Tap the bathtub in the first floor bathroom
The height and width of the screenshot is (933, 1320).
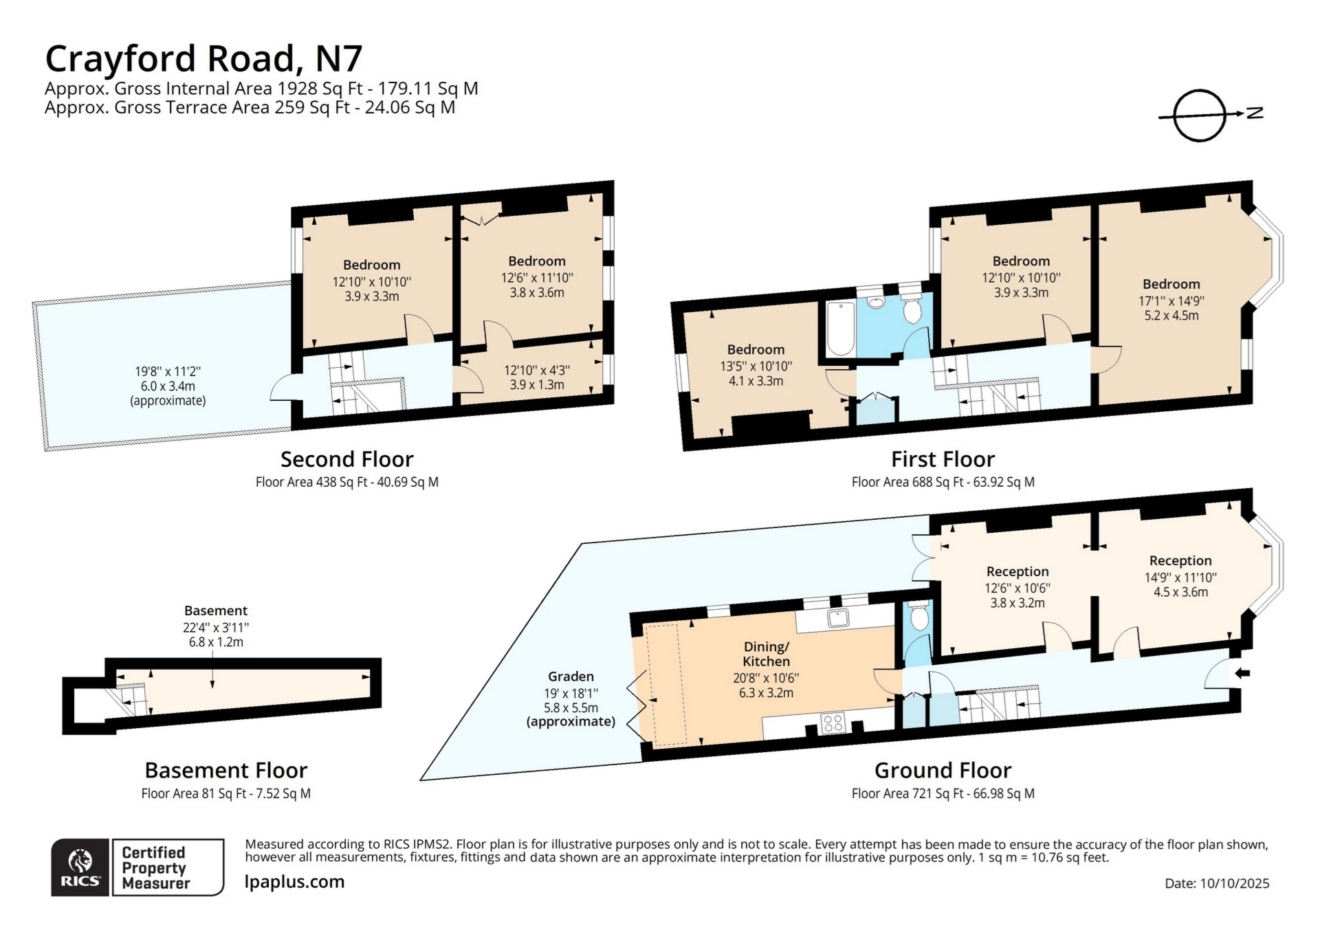840,328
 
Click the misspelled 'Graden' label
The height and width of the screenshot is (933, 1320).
571,677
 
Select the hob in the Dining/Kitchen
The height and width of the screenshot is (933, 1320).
833,723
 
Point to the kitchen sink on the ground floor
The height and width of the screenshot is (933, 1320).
838,618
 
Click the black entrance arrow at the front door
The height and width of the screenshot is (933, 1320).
1242,673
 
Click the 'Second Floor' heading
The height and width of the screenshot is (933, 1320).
346,459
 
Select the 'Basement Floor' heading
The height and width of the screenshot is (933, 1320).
225,770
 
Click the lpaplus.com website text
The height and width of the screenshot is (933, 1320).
294,881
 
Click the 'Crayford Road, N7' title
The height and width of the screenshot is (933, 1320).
203,58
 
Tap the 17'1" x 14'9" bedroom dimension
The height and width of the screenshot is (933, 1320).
1171,300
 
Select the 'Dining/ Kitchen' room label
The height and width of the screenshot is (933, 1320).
766,654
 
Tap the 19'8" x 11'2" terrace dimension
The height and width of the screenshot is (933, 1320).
168,372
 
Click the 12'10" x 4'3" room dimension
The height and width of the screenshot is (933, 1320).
537,370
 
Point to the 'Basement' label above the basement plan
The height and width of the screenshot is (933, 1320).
216,611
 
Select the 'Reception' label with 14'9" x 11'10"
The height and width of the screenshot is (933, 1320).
1180,560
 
